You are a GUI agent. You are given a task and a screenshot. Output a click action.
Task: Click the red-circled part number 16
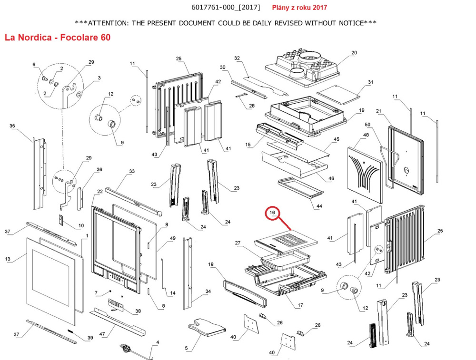point(273,213)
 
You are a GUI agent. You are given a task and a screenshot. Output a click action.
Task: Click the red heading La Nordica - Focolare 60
point(57,37)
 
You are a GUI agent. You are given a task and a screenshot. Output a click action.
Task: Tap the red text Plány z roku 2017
point(299,8)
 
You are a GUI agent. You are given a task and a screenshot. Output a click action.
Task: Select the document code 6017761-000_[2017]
point(219,8)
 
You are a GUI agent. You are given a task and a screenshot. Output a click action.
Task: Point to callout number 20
point(354,53)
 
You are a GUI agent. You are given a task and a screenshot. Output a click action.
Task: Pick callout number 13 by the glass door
point(8,259)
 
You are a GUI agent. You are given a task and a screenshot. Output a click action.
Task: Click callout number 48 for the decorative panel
point(366,136)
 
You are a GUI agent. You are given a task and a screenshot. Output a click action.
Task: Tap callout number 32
point(237,58)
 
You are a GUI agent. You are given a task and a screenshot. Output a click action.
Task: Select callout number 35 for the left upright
point(12,126)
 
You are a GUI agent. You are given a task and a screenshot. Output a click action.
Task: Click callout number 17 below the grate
point(300,305)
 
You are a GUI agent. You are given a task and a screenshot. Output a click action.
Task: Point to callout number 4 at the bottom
point(158,343)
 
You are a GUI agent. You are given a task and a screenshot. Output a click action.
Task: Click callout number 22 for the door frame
point(99,192)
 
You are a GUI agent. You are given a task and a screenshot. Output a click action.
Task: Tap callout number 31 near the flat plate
point(370,82)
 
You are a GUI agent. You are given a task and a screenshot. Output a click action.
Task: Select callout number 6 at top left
point(34,65)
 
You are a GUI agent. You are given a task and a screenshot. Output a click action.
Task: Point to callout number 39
point(89,338)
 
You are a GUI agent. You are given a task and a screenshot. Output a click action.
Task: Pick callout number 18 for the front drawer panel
point(211,264)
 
